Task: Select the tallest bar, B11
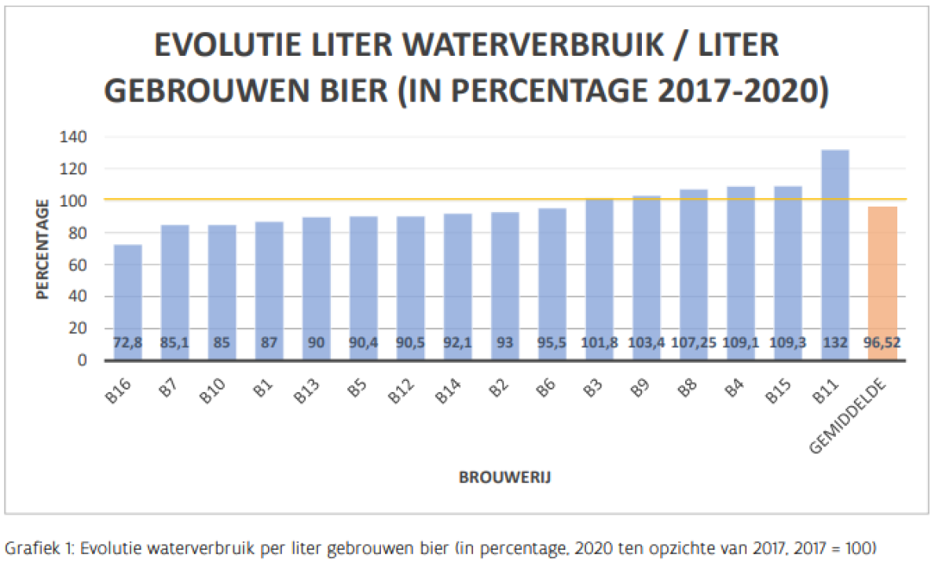point(834,251)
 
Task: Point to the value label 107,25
point(693,344)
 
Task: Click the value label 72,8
point(127,344)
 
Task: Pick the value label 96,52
point(882,344)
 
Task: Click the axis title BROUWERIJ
point(504,477)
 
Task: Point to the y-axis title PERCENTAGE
point(42,248)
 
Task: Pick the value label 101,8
point(599,344)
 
